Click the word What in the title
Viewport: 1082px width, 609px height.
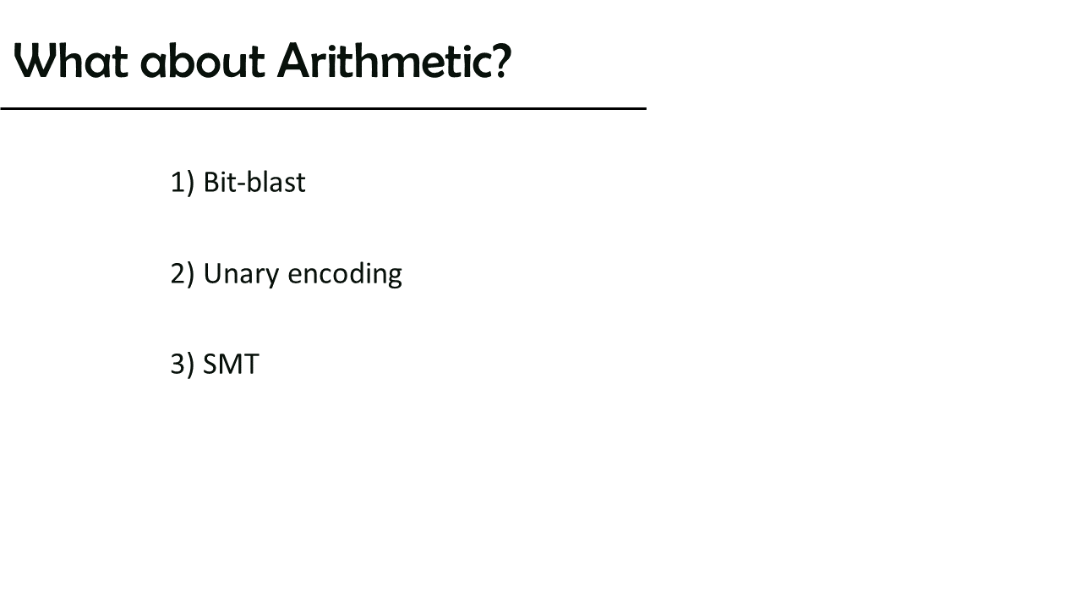[71, 60]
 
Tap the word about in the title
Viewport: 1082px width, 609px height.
[203, 60]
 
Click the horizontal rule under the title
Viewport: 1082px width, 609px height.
[323, 109]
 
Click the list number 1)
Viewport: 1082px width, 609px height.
[183, 183]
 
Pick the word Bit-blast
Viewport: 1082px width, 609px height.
[254, 182]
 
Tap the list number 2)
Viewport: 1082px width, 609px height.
[183, 274]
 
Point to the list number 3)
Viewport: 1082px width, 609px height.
[183, 365]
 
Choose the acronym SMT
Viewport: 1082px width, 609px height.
[231, 364]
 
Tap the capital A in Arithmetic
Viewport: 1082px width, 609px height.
[294, 60]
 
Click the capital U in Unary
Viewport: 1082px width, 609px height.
[213, 274]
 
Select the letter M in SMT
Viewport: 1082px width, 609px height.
[231, 364]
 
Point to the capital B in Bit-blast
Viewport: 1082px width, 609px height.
[211, 182]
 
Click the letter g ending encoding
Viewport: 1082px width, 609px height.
[394, 277]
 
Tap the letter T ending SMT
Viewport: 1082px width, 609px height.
[252, 364]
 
